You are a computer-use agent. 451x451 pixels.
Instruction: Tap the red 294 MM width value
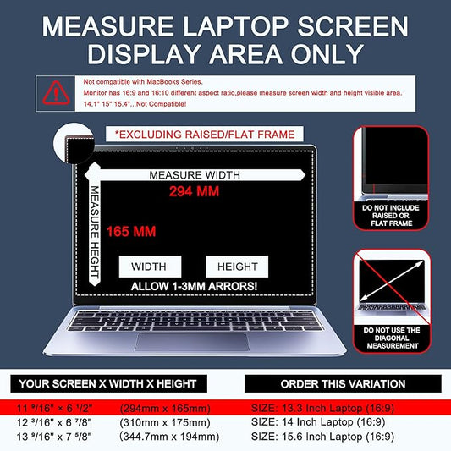(x=194, y=191)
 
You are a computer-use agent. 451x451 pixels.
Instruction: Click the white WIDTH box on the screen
(x=149, y=267)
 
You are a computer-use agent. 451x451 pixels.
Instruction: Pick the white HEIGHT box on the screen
(x=237, y=267)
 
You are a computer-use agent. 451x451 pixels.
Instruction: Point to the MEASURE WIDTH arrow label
(x=194, y=175)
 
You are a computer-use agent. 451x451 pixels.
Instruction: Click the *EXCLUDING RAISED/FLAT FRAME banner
(x=205, y=135)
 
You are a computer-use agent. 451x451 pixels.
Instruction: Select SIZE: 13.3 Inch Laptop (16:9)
(x=323, y=407)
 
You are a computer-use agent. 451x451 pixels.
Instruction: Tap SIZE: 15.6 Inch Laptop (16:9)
(x=323, y=436)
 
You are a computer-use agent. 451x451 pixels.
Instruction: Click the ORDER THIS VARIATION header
(x=346, y=383)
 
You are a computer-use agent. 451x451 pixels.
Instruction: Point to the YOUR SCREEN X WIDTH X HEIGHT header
(x=118, y=383)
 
